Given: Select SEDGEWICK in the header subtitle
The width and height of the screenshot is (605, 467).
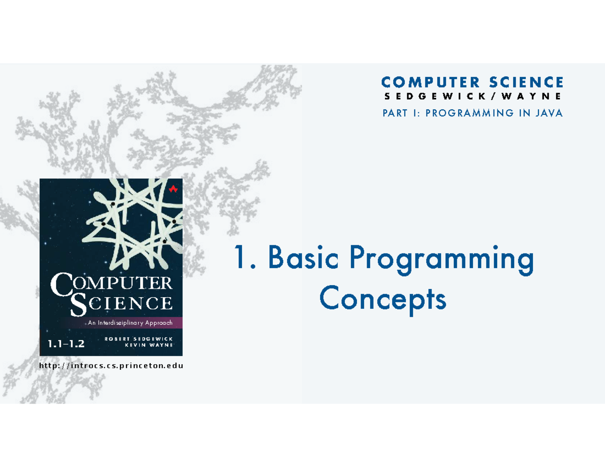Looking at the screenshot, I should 431,96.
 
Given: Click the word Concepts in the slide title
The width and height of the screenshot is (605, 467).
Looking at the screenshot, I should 383,300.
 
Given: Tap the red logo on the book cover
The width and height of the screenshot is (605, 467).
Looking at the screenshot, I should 173,189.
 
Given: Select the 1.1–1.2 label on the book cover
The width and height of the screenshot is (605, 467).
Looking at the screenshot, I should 66,345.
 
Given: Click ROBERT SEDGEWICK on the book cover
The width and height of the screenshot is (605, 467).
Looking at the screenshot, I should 139,339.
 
